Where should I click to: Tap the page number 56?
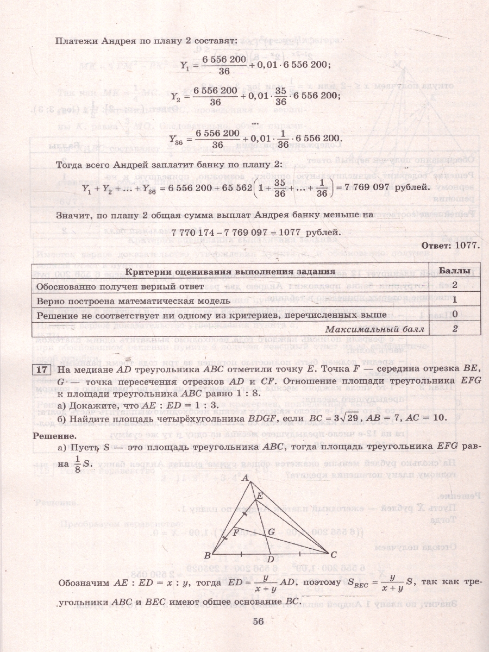258,622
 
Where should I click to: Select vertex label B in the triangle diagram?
207,555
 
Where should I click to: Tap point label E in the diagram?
260,496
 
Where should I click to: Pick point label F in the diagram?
236,532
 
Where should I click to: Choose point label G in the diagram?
272,531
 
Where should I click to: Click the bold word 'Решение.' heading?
54,435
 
